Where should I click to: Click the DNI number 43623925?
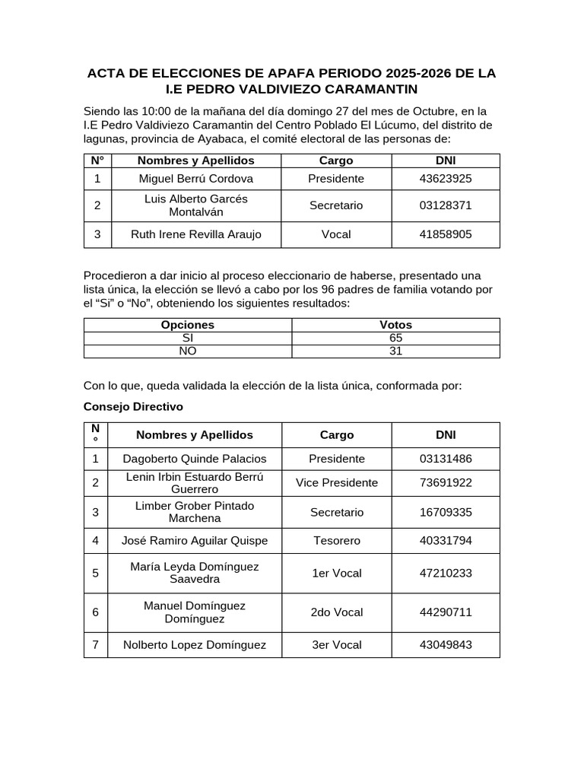point(446,179)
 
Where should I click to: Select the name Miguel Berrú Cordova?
point(196,179)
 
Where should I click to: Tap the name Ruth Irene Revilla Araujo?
point(196,234)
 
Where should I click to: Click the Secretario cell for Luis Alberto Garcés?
point(336,205)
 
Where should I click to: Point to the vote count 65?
point(395,338)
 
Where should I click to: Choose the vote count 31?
point(395,351)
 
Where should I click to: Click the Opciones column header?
point(188,325)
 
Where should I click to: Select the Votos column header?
point(395,325)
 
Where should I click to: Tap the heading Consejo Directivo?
point(133,407)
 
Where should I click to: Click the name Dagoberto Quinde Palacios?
point(195,459)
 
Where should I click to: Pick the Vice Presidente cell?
point(337,483)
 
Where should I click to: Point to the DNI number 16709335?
point(446,512)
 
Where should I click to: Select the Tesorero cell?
point(337,541)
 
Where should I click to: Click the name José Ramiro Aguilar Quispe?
point(195,541)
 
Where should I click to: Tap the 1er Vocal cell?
point(337,573)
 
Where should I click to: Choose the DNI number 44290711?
point(446,612)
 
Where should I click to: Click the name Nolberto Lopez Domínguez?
point(195,645)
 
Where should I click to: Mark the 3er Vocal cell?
point(337,645)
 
